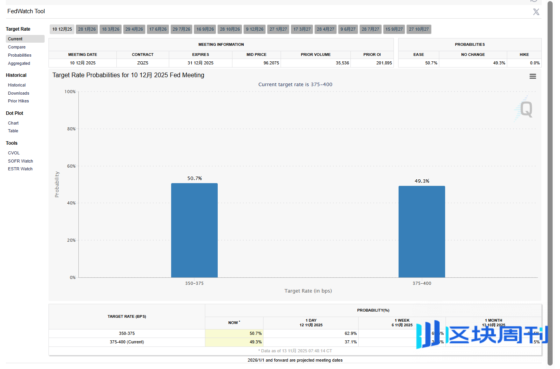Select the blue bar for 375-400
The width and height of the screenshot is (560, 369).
tap(421, 232)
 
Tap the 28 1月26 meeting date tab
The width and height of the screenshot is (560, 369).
tap(87, 29)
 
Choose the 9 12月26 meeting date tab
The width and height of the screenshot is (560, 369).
tap(255, 29)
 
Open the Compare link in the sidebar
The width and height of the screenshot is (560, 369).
tap(17, 47)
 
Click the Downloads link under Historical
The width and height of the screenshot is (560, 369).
tap(19, 93)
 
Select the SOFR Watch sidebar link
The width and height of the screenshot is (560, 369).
tap(21, 161)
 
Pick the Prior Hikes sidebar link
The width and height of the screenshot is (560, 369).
tap(19, 101)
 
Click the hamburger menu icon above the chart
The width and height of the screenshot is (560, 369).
tap(532, 76)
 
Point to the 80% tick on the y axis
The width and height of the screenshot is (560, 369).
tap(71, 129)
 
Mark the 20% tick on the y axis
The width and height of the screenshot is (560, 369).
tap(71, 240)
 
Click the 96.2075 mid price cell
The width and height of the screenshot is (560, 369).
tap(271, 63)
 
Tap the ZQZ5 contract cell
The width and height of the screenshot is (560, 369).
tap(142, 63)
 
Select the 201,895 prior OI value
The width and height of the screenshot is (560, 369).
tap(384, 63)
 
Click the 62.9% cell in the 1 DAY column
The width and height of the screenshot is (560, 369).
tap(350, 333)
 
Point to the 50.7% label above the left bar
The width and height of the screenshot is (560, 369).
tap(194, 178)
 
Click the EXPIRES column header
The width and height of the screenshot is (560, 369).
tap(200, 55)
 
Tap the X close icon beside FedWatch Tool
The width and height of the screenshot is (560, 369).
tap(536, 12)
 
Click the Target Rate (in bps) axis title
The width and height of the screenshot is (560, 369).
tap(308, 291)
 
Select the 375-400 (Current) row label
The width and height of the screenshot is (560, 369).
tap(127, 342)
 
